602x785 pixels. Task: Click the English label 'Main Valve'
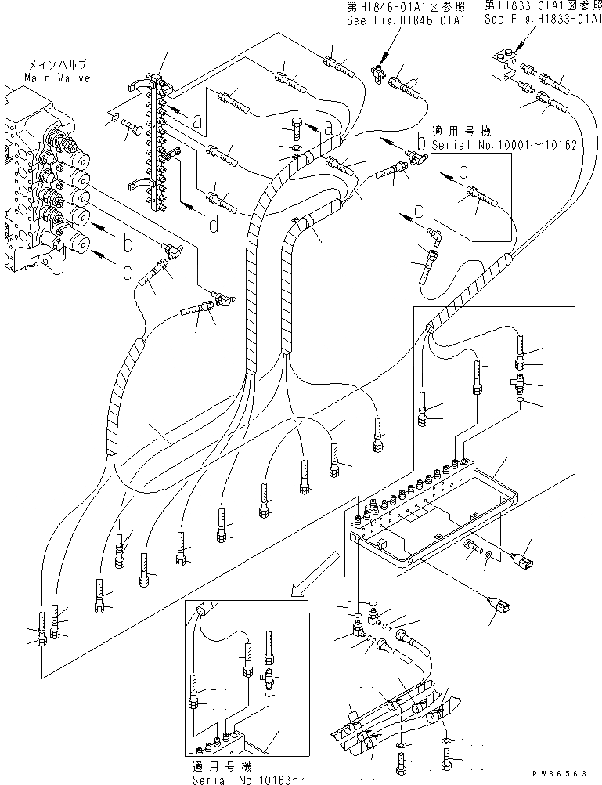pos(57,78)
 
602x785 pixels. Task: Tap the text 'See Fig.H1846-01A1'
pos(406,21)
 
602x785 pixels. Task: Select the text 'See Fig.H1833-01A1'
pos(542,20)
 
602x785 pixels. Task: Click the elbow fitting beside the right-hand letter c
pos(434,233)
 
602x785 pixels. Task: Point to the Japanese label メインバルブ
pos(57,67)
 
